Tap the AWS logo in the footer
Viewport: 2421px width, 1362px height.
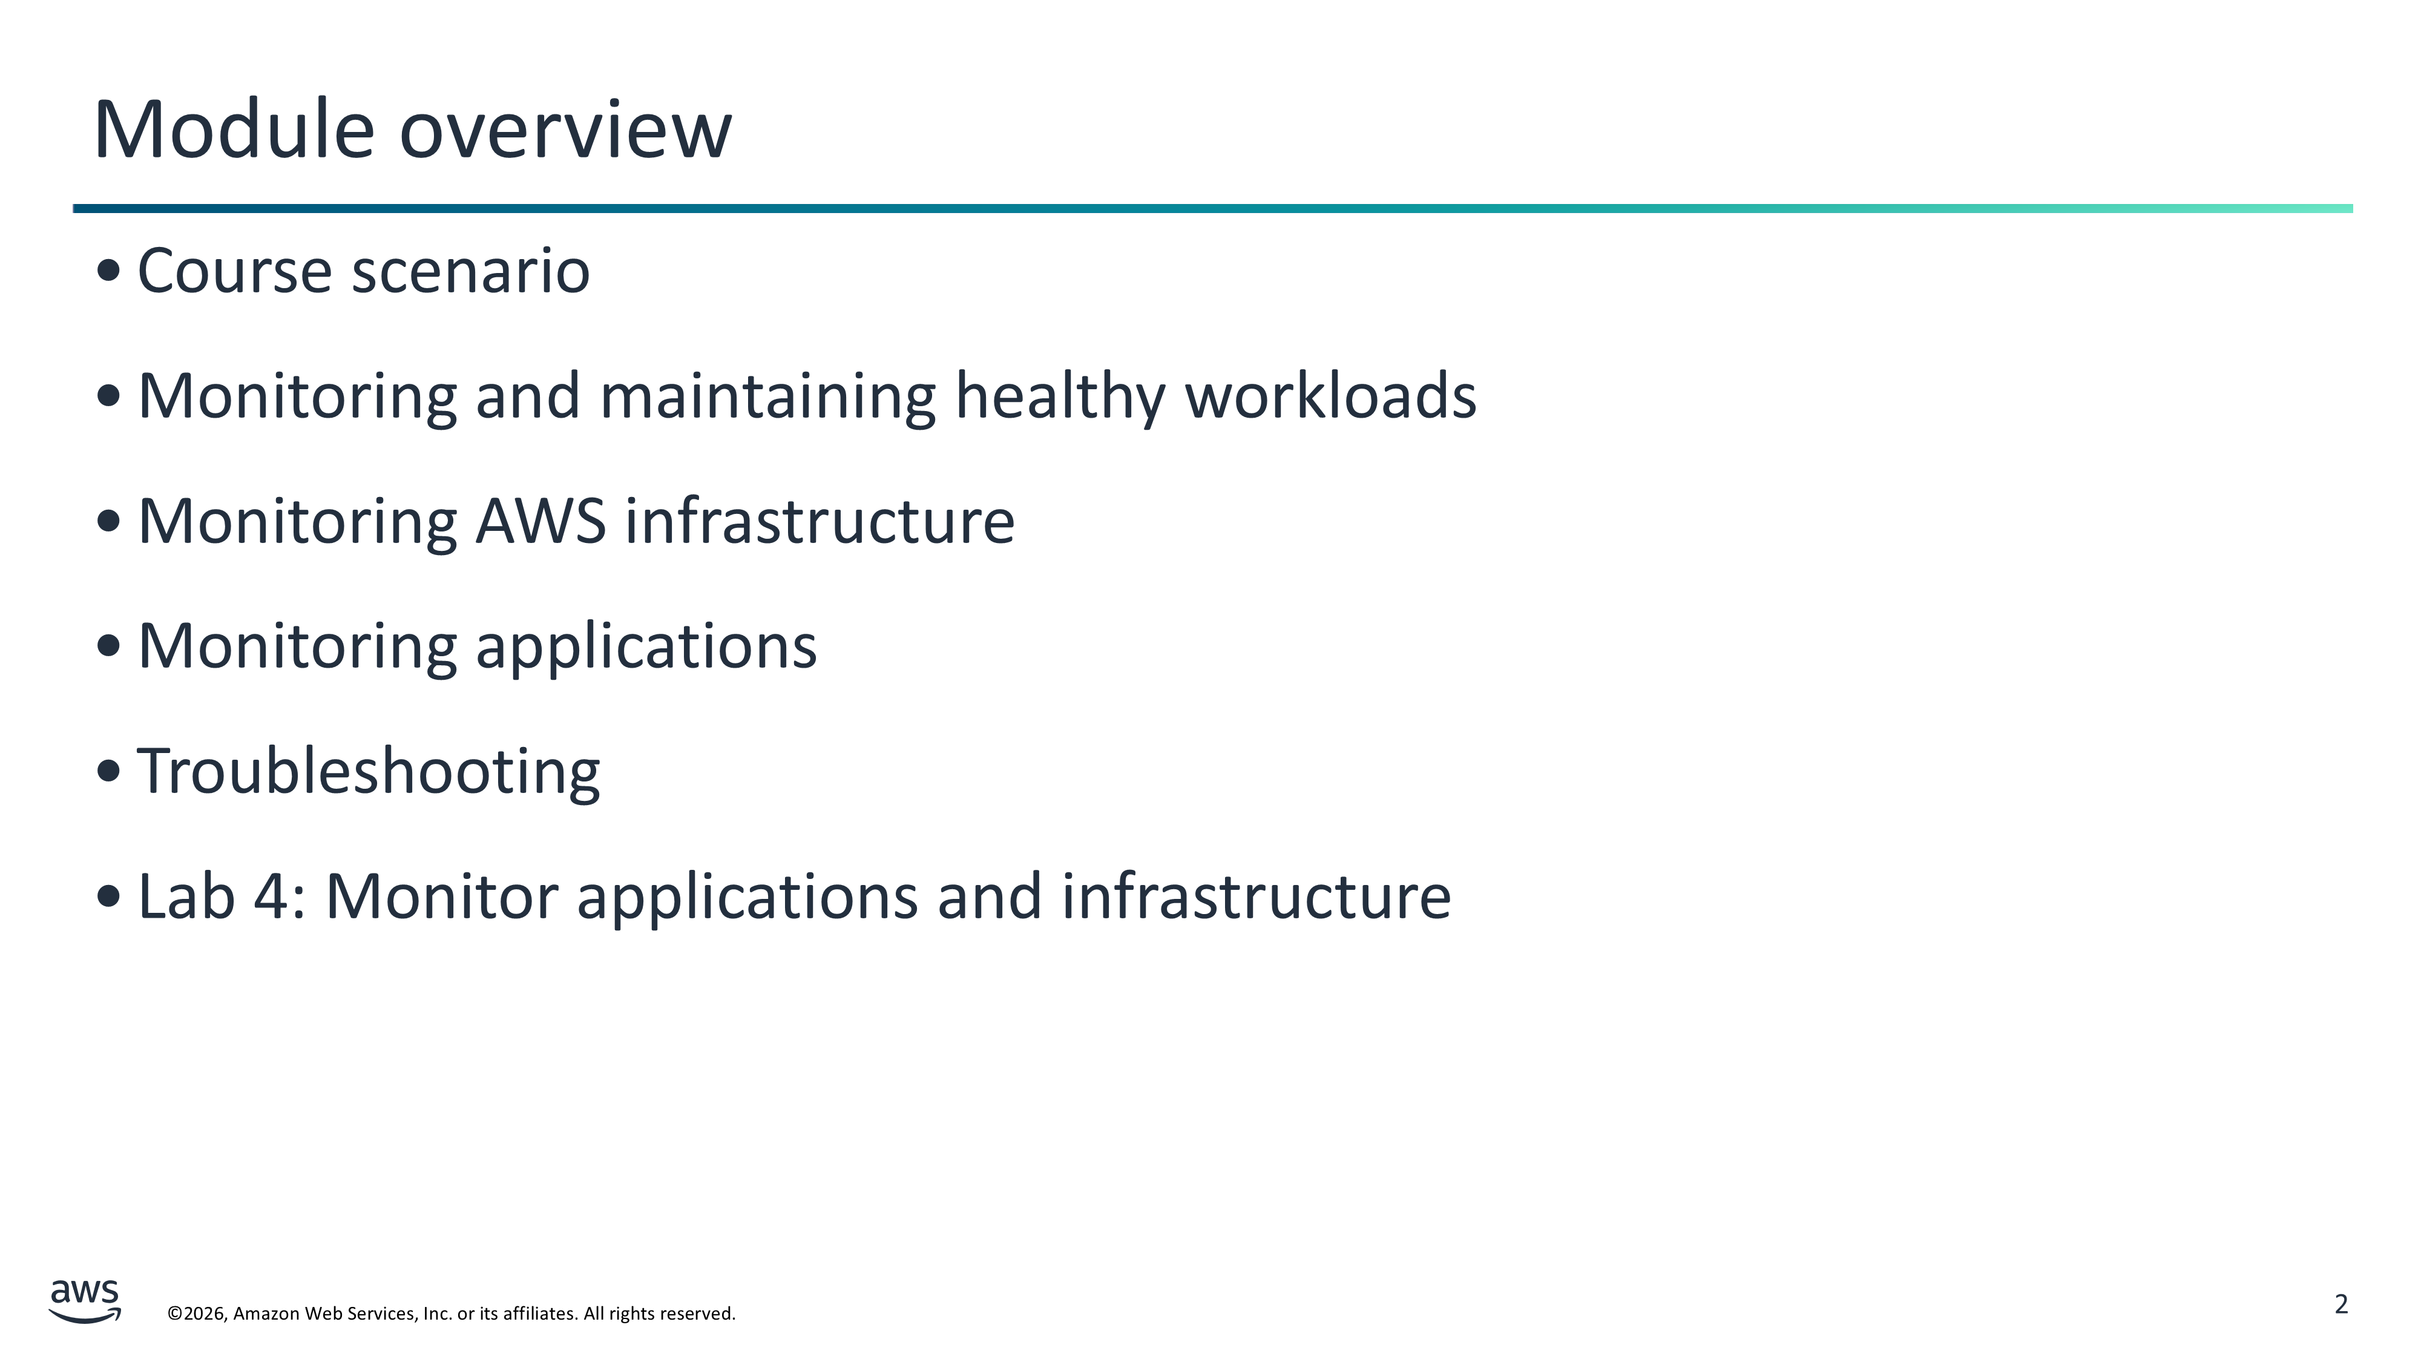pos(85,1301)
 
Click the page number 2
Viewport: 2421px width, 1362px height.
pos(2341,1304)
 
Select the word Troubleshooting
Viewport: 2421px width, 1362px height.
pos(369,772)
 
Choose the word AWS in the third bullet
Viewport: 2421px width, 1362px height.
pos(541,522)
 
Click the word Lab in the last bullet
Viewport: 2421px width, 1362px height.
pos(186,896)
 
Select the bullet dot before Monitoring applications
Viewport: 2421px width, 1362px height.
pos(109,646)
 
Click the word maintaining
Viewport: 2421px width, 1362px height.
pos(768,396)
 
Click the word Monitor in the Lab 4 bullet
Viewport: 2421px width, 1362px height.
pos(442,896)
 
